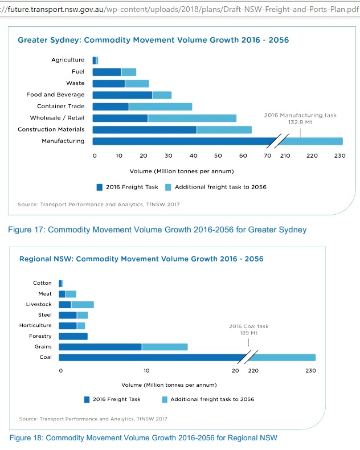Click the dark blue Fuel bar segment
[x=107, y=72]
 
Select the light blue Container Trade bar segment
[x=161, y=107]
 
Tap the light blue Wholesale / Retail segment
[x=192, y=118]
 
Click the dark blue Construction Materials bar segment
[x=145, y=130]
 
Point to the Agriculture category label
[x=68, y=60]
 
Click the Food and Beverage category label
[x=55, y=95]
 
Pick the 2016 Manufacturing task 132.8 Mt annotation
[x=300, y=118]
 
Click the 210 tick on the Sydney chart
[x=285, y=156]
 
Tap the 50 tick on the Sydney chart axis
[x=218, y=156]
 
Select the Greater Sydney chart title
[x=153, y=40]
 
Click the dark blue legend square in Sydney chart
[x=99, y=187]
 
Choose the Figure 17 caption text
[x=157, y=230]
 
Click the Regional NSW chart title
[x=141, y=259]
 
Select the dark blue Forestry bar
[x=73, y=336]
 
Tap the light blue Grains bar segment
[x=165, y=347]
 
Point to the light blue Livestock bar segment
[x=83, y=305]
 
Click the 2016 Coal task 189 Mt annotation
[x=248, y=329]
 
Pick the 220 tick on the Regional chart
[x=253, y=371]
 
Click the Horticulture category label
[x=35, y=325]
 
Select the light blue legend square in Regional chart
[x=165, y=399]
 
